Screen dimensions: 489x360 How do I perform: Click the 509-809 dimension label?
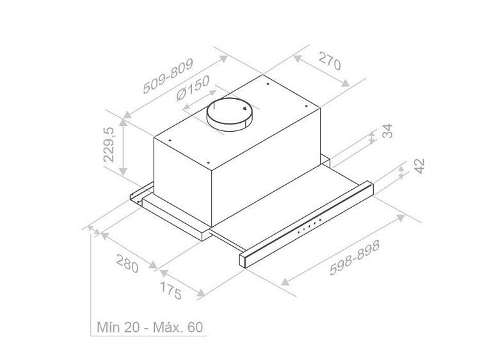168,75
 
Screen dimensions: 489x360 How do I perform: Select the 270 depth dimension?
330,61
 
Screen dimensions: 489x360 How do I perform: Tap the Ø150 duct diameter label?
193,88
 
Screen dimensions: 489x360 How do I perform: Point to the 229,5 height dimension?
109,145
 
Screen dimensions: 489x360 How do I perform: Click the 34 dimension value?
388,131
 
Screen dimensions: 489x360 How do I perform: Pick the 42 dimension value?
420,166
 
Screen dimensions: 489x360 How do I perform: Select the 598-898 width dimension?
355,258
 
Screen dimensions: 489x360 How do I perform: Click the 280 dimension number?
127,263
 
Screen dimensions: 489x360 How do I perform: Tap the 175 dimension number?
171,290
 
